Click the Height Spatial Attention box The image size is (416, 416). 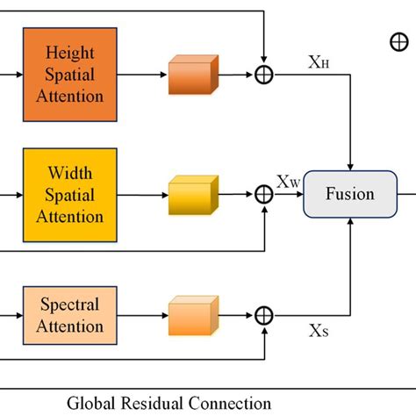(69, 74)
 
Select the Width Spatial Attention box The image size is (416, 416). (69, 195)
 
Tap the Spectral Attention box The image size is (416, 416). (69, 315)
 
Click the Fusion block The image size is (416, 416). (350, 195)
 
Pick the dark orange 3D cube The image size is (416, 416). (193, 75)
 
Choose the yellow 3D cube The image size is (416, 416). (193, 195)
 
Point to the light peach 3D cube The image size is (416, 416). (193, 315)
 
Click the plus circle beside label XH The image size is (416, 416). (263, 75)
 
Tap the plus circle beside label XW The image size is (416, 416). (263, 195)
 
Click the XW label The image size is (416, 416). (289, 182)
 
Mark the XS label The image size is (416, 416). (319, 332)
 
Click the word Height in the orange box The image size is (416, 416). (69, 54)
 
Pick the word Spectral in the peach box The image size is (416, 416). (69, 305)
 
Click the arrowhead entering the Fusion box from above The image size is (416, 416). (351, 167)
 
